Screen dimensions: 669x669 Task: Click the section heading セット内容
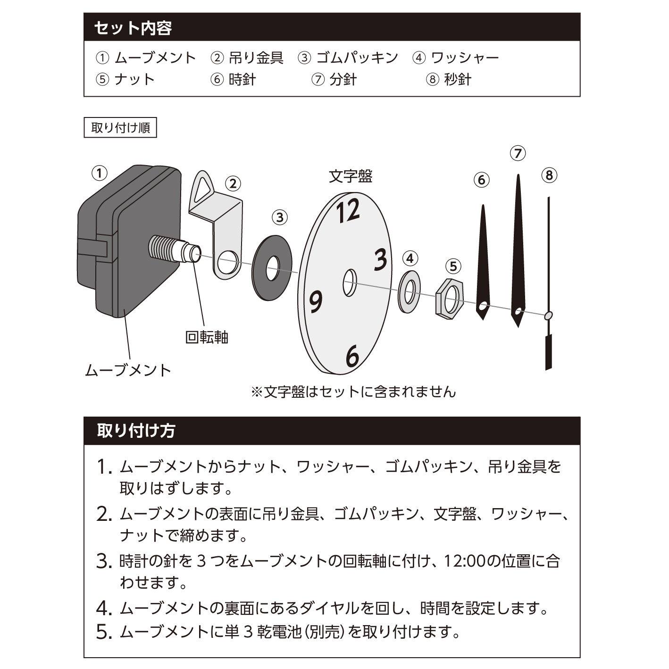click(x=133, y=28)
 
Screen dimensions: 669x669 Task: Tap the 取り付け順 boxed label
click(x=120, y=128)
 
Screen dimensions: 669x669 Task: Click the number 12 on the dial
click(x=348, y=210)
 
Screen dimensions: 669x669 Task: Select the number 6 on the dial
click(x=352, y=356)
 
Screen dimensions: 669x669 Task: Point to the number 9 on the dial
click(x=316, y=301)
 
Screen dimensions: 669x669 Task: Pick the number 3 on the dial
click(x=381, y=259)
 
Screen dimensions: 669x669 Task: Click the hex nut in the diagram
click(x=450, y=299)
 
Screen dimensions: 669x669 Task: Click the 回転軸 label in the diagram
click(x=207, y=337)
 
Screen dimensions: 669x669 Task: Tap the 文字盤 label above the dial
click(x=350, y=176)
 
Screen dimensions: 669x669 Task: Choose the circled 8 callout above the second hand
click(x=549, y=176)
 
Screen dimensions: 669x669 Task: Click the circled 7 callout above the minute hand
click(x=518, y=153)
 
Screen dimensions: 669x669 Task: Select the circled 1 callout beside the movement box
click(x=100, y=173)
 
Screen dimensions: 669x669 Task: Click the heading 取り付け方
click(x=136, y=430)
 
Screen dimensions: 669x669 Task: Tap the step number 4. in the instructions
click(x=104, y=608)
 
